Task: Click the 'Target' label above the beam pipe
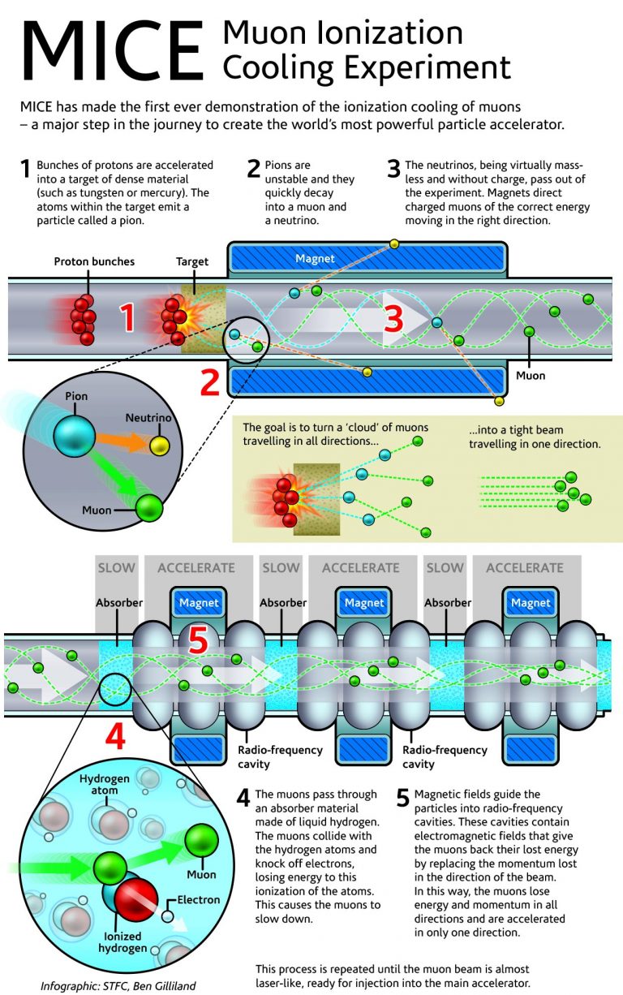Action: pos(192,262)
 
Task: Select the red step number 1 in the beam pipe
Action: pos(128,319)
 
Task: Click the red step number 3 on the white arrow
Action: pos(393,319)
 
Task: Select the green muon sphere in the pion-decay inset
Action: pos(149,508)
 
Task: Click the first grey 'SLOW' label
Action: pos(116,568)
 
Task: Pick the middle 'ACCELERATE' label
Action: pos(361,568)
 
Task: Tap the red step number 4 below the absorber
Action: pos(115,736)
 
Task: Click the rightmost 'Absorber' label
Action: pos(447,603)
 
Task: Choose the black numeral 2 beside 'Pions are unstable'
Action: pos(253,169)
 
